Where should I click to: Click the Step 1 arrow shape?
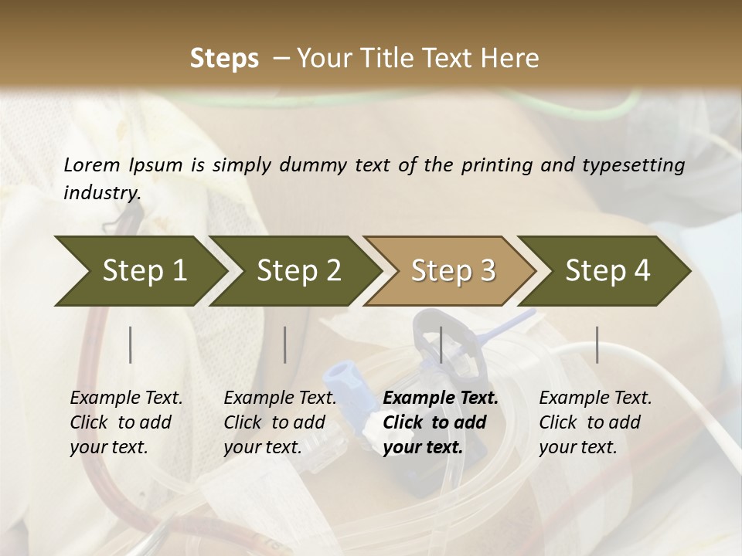pyautogui.click(x=139, y=271)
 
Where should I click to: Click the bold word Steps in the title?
pyautogui.click(x=224, y=59)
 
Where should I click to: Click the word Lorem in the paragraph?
pyautogui.click(x=92, y=164)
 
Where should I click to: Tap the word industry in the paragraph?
pyautogui.click(x=101, y=193)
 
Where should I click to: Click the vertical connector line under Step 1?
pyautogui.click(x=131, y=344)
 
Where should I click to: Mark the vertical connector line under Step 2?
pyautogui.click(x=285, y=344)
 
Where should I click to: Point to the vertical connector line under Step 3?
pyautogui.click(x=441, y=344)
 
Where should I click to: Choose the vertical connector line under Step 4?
pyautogui.click(x=597, y=344)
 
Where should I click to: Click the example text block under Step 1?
pyautogui.click(x=126, y=422)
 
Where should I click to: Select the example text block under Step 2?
pyautogui.click(x=280, y=422)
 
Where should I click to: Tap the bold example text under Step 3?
pyautogui.click(x=441, y=422)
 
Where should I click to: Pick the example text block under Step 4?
pyautogui.click(x=595, y=422)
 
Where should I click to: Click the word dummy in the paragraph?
pyautogui.click(x=318, y=164)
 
